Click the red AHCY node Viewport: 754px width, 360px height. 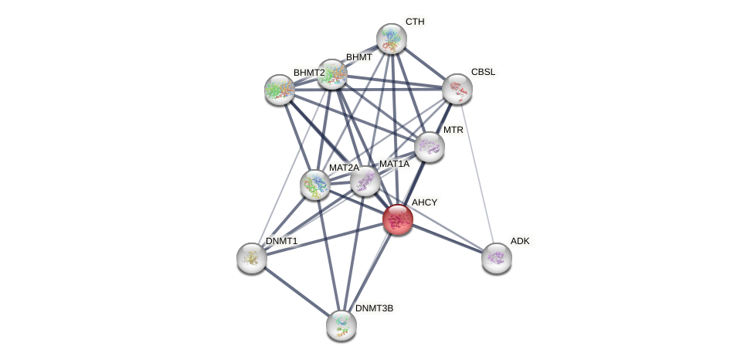click(398, 219)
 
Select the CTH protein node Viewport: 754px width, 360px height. click(392, 38)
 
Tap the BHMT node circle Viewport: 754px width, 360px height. click(332, 74)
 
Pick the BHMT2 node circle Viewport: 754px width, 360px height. click(280, 90)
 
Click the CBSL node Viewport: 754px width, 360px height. click(457, 89)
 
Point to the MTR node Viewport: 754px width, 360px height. click(430, 146)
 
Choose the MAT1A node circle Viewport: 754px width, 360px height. click(365, 181)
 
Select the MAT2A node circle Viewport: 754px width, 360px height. click(315, 185)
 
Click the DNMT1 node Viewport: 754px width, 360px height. click(252, 258)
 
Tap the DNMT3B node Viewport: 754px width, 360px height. click(341, 325)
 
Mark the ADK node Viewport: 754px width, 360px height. click(497, 258)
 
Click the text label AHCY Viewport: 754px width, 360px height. click(424, 203)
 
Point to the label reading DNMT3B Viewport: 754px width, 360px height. click(374, 308)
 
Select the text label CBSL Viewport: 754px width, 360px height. click(483, 72)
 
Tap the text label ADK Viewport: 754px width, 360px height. click(520, 241)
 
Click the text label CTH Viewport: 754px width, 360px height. click(415, 22)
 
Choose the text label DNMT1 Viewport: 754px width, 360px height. click(281, 241)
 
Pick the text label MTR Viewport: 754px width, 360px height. click(453, 130)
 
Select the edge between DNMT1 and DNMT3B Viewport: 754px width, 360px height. click(297, 291)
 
